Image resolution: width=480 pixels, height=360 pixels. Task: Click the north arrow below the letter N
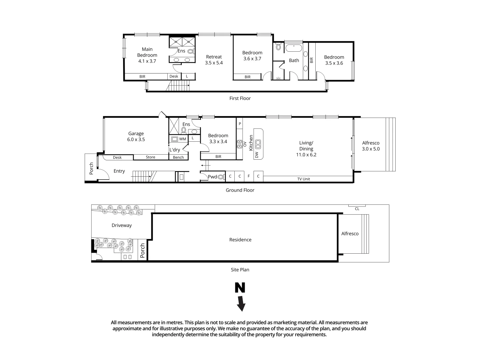click(x=241, y=303)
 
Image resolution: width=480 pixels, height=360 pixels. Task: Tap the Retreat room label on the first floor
click(x=214, y=60)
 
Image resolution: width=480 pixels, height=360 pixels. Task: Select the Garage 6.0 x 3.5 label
click(x=136, y=137)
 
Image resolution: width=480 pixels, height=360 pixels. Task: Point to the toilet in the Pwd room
click(x=221, y=177)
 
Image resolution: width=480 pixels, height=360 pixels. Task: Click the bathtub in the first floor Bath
click(x=294, y=48)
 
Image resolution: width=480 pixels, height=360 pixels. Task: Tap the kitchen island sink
click(x=258, y=144)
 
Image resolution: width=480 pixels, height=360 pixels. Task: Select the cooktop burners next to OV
click(x=239, y=144)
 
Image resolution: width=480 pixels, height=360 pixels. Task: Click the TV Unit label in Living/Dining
click(x=304, y=179)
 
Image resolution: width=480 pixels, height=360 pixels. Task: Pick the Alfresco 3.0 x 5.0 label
click(x=371, y=146)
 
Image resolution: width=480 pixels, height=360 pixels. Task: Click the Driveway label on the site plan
click(x=122, y=225)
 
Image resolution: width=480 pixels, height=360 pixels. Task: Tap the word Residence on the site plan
click(x=240, y=240)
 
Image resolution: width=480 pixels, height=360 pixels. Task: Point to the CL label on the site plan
click(x=357, y=209)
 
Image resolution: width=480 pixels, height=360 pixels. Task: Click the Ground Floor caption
click(x=240, y=190)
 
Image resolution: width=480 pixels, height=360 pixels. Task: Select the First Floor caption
click(x=240, y=98)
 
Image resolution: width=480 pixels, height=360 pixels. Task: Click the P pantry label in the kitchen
click(x=240, y=123)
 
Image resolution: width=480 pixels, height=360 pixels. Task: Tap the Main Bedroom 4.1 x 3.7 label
click(x=147, y=55)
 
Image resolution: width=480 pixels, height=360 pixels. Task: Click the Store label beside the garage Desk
click(x=150, y=157)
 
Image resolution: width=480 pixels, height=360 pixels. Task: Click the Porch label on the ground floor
click(x=91, y=169)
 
